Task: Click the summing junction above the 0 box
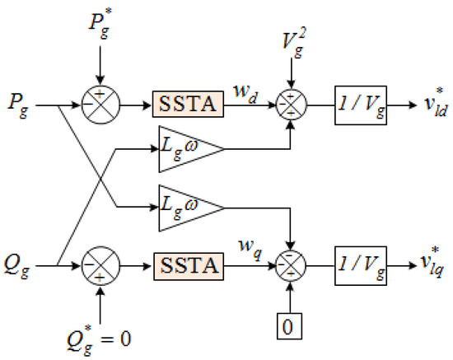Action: [292, 266]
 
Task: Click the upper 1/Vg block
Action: [359, 105]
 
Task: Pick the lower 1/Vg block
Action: [359, 265]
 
